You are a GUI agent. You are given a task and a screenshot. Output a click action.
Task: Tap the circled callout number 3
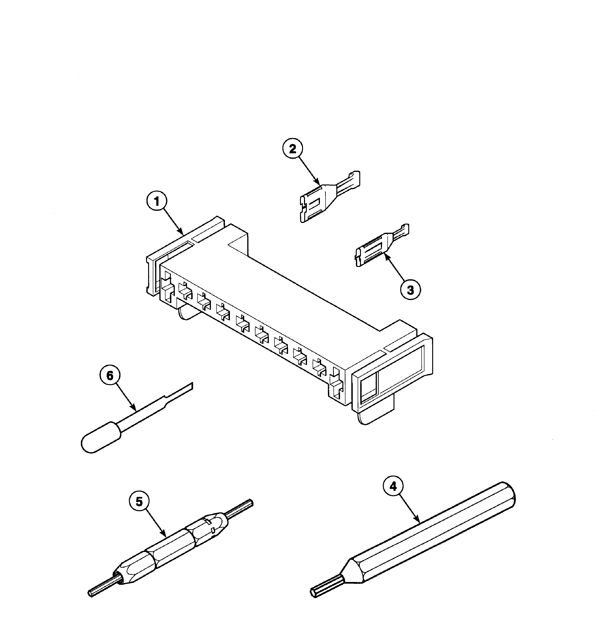point(410,289)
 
